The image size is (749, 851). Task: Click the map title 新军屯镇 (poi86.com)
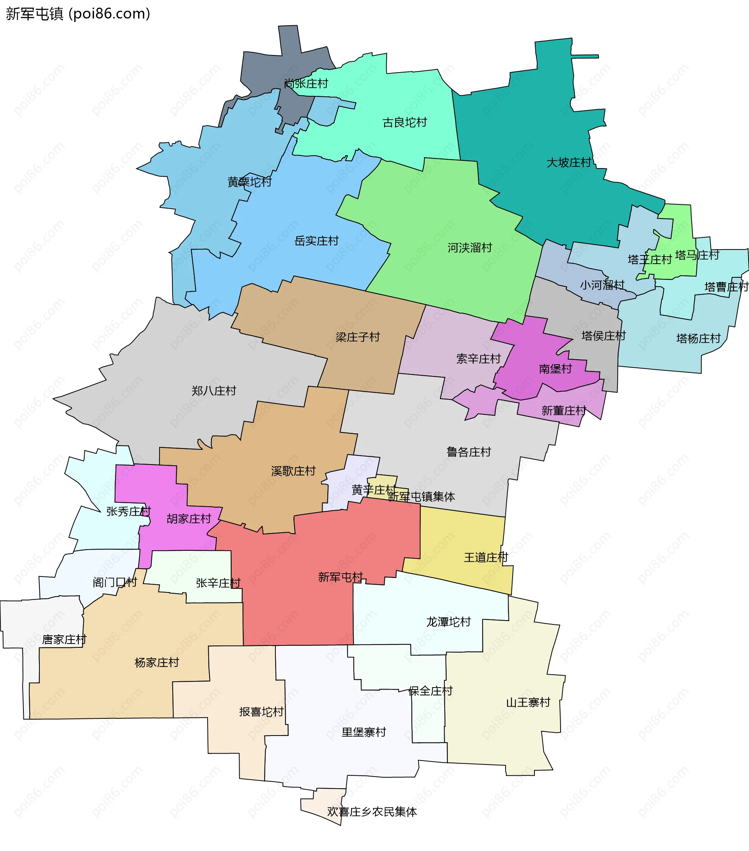(x=78, y=14)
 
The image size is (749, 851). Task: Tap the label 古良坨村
(x=405, y=122)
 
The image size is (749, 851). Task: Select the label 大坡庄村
(x=569, y=162)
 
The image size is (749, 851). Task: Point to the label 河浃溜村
(x=470, y=248)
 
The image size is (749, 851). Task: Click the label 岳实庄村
(x=316, y=241)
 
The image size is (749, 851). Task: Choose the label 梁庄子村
(x=358, y=337)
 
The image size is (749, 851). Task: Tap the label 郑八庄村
(x=214, y=390)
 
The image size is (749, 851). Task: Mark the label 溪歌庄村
(x=293, y=471)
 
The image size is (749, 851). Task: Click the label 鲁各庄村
(x=469, y=452)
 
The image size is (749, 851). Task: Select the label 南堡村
(x=556, y=369)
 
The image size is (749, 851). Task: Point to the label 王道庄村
(x=486, y=557)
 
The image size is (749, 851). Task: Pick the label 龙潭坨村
(x=448, y=622)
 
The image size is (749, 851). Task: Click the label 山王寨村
(x=528, y=702)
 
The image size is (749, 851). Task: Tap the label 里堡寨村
(x=364, y=732)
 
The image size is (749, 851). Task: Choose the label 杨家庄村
(x=156, y=662)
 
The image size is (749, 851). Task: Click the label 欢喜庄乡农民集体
(x=372, y=812)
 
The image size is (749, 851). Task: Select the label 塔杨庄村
(x=698, y=339)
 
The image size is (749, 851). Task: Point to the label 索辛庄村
(x=478, y=358)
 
